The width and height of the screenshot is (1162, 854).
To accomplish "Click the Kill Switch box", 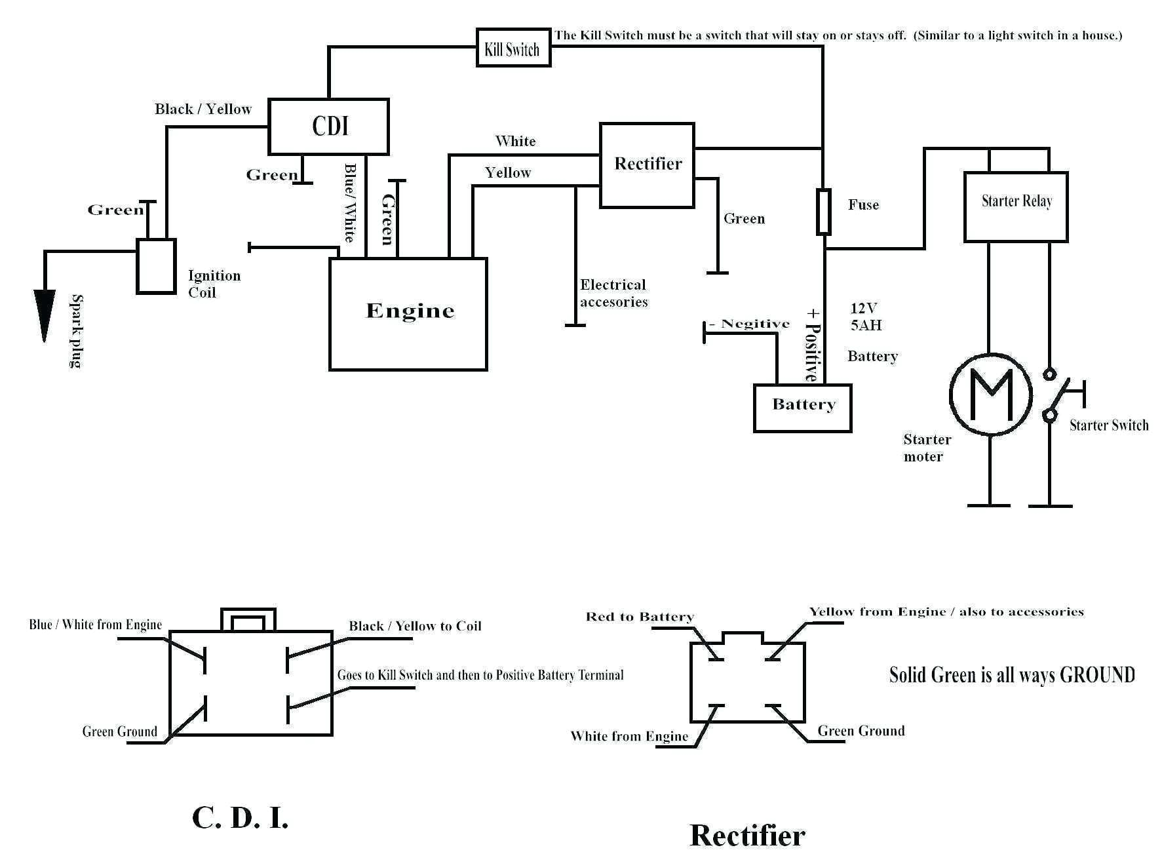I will click(x=513, y=48).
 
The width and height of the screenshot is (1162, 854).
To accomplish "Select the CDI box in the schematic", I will click(x=328, y=126).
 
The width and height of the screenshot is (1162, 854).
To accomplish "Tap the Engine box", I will click(x=408, y=313).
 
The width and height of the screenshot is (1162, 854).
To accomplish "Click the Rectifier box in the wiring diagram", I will click(x=647, y=165).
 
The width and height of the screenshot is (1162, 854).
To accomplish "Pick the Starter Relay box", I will click(x=1015, y=206).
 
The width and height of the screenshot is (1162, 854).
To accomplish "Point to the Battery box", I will click(x=802, y=408).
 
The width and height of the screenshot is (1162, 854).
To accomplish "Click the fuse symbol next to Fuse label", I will click(x=823, y=212).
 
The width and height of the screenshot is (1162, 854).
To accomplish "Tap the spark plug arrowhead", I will click(x=44, y=315).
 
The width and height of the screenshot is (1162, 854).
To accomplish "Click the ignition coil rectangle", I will click(x=155, y=265).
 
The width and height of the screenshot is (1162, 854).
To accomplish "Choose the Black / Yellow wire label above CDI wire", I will click(x=203, y=109).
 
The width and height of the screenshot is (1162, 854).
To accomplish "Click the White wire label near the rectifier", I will click(x=515, y=141).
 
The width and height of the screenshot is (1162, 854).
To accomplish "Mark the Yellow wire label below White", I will click(x=507, y=172).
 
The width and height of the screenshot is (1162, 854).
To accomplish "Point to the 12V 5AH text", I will click(x=865, y=317).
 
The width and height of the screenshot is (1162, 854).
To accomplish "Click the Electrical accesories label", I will click(x=613, y=293).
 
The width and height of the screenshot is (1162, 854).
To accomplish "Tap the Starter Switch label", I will click(x=1108, y=425).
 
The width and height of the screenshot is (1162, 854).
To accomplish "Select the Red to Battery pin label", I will click(x=639, y=617).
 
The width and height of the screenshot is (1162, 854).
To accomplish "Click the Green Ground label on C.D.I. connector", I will click(x=119, y=731).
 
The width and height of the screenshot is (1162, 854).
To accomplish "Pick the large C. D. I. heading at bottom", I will click(x=240, y=817).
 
